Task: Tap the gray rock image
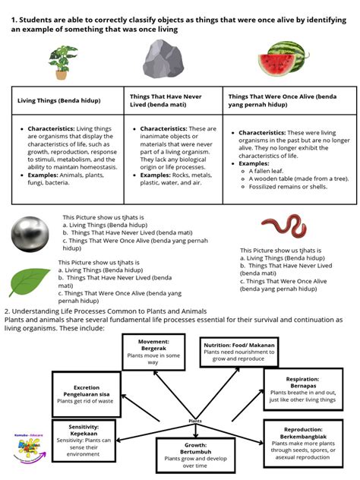[169, 60]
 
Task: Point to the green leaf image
[30, 282]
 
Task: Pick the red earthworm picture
[283, 225]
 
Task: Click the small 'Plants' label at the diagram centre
[195, 420]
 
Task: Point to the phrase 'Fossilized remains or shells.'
[291, 187]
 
